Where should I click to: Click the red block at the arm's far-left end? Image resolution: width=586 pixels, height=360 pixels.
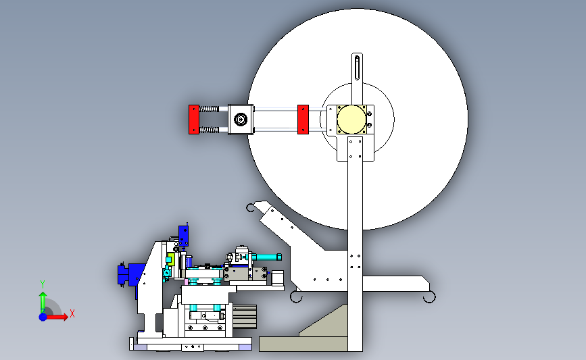193,120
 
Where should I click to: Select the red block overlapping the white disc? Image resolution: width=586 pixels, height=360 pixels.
303,120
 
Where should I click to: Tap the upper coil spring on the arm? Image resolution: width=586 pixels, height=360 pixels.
209,109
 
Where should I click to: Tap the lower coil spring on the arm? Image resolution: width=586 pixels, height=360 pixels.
209,130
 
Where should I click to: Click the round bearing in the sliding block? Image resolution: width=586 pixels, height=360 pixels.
241,120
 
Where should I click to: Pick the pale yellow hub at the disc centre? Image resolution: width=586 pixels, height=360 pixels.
351,120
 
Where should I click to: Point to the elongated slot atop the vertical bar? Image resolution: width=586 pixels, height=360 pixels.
358,68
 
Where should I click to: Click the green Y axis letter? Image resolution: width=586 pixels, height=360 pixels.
43,284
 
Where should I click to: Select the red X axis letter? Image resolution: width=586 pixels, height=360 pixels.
72,313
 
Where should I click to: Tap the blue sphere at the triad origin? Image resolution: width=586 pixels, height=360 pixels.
43,317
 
